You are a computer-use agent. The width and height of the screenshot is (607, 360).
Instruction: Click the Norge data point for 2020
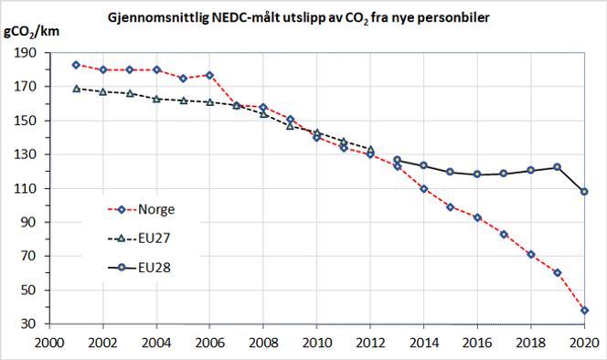coord(584,311)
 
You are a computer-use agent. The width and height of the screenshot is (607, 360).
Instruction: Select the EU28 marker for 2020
coord(584,192)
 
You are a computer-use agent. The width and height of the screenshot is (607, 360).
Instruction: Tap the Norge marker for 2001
coord(76,65)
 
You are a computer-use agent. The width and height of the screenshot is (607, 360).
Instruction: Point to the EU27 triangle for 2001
coord(76,89)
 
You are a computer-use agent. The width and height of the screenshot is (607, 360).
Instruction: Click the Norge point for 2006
coord(209,75)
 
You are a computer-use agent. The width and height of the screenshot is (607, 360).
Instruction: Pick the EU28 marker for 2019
coord(558,167)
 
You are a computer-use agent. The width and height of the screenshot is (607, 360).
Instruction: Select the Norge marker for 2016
coord(477,217)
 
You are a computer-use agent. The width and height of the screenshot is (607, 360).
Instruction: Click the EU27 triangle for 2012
coord(370,149)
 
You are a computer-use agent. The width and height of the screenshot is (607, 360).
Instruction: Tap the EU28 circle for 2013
coord(397,160)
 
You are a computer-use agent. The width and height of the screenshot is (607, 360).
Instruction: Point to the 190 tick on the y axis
coord(27,53)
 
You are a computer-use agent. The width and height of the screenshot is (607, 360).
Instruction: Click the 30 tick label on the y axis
coord(31,324)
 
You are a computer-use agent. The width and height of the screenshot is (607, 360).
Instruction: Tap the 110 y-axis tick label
coord(27,189)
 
